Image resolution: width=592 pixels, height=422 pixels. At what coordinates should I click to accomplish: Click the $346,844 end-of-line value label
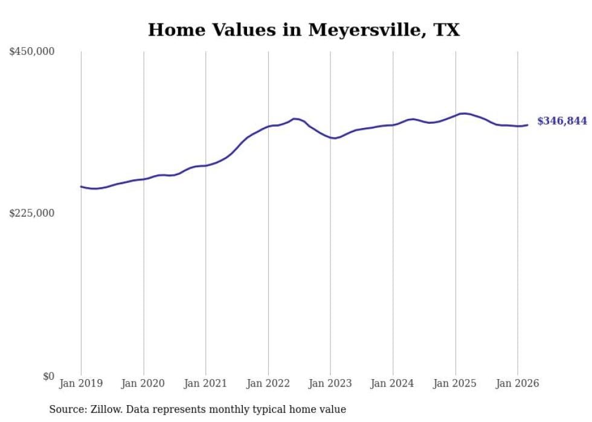coord(562,121)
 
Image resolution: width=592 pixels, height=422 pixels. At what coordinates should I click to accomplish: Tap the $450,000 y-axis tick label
coord(32,52)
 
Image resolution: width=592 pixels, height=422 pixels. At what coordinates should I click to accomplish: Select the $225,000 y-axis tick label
coord(32,213)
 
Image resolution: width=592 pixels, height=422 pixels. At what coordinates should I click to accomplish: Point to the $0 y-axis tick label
coord(48,376)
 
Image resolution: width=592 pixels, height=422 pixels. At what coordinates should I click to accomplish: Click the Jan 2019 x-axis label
coord(81,383)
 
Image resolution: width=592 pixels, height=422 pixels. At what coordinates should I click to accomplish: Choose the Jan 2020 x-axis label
coord(143,383)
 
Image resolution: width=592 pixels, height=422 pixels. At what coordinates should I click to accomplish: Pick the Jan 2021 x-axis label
coord(205,383)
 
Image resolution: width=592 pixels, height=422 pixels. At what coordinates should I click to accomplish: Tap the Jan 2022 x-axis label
coord(268,383)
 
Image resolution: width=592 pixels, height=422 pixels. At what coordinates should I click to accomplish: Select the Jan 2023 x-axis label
coord(330,383)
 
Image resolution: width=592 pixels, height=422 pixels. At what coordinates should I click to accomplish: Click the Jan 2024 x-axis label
coord(393,383)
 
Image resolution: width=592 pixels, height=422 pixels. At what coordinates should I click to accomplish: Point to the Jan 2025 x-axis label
coord(455,383)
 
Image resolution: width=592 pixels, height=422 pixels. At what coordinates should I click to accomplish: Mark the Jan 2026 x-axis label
coord(518,383)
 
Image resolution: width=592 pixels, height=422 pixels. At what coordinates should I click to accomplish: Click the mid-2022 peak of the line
coord(294,119)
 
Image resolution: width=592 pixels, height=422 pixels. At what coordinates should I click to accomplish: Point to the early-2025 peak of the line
coord(463,113)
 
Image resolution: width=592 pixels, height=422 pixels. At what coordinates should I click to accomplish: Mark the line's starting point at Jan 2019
coord(81,187)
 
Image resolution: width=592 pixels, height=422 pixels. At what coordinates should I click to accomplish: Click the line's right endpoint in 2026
coord(527,125)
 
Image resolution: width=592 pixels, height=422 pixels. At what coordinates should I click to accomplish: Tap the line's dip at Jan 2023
coord(334,138)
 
